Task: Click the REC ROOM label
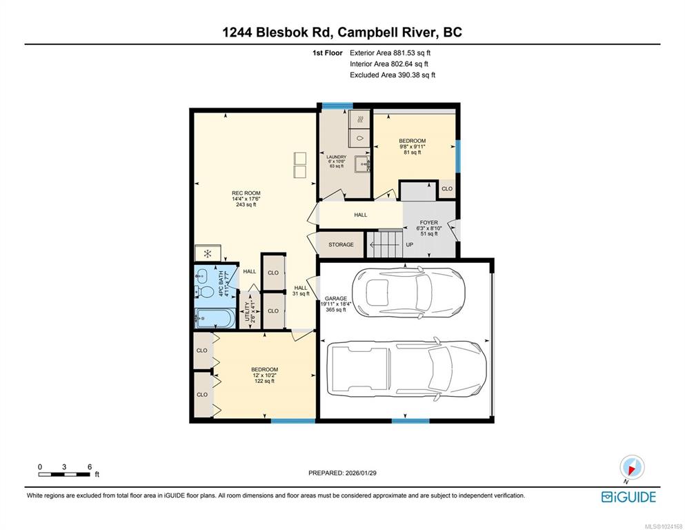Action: point(246,193)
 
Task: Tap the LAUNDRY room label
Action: point(337,157)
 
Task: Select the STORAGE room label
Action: point(341,245)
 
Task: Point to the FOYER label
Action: point(429,222)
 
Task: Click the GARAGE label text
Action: point(336,298)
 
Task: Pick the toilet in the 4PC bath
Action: point(203,291)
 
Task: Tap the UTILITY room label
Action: point(247,311)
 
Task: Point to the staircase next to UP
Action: point(384,245)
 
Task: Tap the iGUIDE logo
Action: point(628,498)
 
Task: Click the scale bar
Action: point(64,475)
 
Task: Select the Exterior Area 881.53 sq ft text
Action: point(390,53)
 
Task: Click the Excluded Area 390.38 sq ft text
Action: point(393,75)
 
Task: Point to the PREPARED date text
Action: point(342,473)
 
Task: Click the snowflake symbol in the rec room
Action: point(208,253)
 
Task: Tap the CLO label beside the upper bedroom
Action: point(447,189)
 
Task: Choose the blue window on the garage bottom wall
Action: point(410,421)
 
